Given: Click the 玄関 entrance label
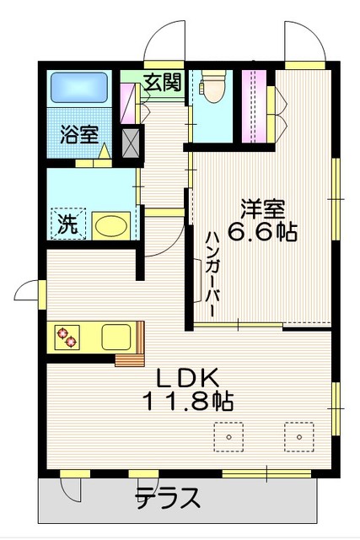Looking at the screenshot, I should click(x=161, y=82).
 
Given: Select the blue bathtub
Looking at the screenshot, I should click(x=79, y=88).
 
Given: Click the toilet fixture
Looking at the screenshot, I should click(x=212, y=86).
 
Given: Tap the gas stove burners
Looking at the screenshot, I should click(x=67, y=337).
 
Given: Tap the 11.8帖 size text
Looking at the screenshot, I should click(x=190, y=402).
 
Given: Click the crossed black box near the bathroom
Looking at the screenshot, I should click(x=132, y=142).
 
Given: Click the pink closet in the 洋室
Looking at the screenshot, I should click(x=254, y=105).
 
